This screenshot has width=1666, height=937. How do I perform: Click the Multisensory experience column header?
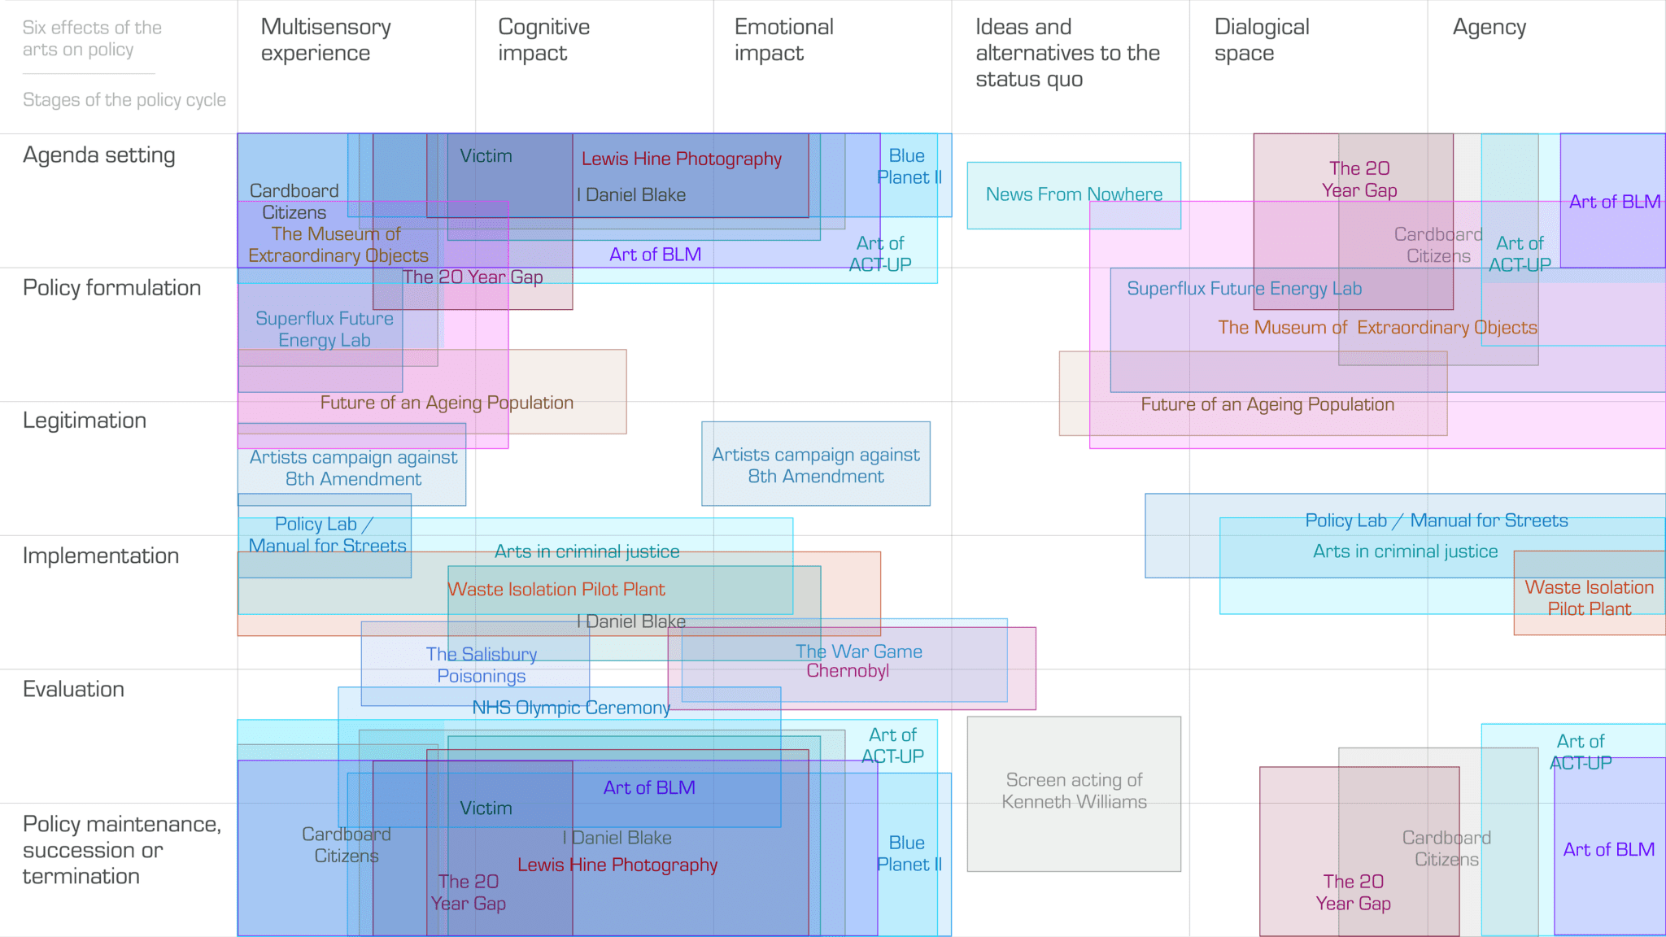(x=325, y=40)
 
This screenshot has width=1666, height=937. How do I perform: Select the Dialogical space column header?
(x=1261, y=40)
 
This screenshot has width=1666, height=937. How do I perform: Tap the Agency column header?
(x=1489, y=28)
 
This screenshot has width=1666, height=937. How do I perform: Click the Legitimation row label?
(x=85, y=421)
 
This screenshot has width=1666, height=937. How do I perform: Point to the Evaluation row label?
(x=73, y=689)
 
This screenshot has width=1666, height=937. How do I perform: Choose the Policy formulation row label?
(x=111, y=288)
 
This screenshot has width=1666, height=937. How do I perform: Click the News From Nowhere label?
(x=1074, y=194)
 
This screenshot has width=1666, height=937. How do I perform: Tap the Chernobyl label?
(x=848, y=671)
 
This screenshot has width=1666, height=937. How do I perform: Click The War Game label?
(x=859, y=652)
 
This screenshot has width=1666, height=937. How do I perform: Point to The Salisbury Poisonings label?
(x=482, y=665)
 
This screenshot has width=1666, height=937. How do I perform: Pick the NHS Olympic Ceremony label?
(x=571, y=708)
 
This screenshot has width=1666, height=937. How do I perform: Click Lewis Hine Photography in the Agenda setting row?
(x=682, y=159)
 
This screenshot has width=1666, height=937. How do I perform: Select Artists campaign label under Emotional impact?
(x=816, y=465)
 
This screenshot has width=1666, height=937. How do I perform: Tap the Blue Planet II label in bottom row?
(x=909, y=853)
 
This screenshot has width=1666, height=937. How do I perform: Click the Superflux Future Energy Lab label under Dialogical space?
(x=1244, y=289)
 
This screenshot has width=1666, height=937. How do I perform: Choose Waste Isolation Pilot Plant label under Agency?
(x=1589, y=598)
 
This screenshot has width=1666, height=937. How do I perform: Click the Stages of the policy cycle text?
(x=124, y=100)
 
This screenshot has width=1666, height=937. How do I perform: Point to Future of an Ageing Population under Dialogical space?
(x=1267, y=404)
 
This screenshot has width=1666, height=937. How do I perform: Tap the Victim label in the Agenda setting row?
(x=486, y=156)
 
